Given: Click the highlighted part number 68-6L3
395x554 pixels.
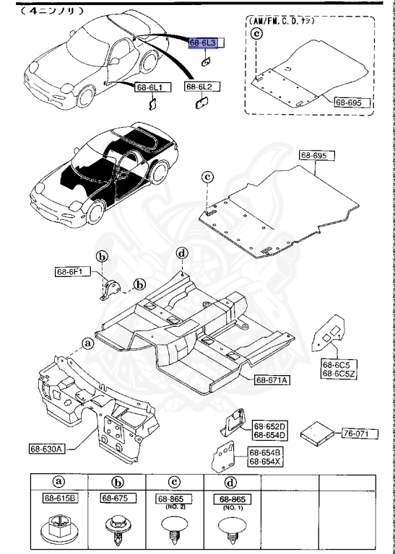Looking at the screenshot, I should (203, 44).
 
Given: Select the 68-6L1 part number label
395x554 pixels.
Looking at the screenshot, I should (149, 87).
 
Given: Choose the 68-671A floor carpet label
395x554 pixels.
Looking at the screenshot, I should (272, 379).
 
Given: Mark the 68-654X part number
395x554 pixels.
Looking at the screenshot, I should (266, 462).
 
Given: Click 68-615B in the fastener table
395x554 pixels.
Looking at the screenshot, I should (58, 497).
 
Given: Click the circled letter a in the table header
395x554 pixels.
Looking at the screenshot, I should (58, 482).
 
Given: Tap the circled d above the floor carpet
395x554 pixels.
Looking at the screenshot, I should (181, 253).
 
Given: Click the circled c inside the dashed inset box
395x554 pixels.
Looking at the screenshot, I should (256, 32).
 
